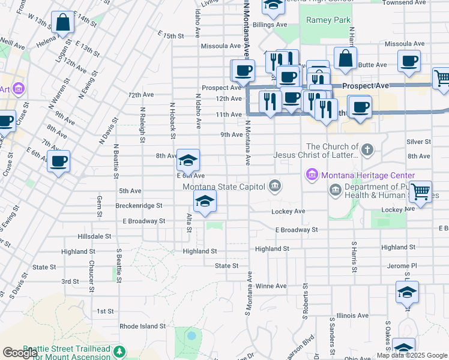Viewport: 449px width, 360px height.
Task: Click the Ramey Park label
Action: pos(328,20)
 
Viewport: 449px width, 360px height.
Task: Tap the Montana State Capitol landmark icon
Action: pos(276,185)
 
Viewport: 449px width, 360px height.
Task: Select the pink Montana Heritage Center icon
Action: pos(312,175)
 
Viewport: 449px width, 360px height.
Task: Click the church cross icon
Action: pos(367,148)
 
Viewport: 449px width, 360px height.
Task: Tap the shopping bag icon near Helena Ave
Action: pos(62,23)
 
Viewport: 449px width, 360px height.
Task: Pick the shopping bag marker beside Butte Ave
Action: pos(345,58)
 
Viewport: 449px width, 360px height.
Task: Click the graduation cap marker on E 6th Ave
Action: pos(188,160)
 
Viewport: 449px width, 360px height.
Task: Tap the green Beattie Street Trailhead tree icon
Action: pos(120,350)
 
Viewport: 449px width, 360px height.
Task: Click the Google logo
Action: pos(20,353)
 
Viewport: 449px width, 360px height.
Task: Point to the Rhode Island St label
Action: pos(142,326)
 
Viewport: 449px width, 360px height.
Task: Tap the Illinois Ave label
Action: pos(352,315)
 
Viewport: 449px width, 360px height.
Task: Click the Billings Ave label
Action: pos(270,25)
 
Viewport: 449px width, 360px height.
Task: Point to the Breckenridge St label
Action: pos(139,205)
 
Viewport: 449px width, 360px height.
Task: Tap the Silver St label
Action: pos(418,142)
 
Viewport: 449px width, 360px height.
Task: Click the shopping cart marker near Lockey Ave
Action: pos(420,192)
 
